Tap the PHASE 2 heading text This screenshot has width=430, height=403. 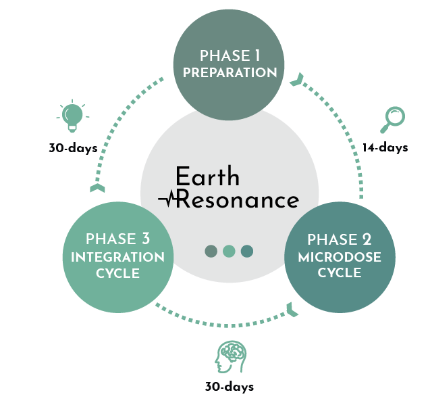[340, 240]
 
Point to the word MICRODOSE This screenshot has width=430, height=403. [340, 257]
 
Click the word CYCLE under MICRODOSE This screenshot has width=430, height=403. [340, 273]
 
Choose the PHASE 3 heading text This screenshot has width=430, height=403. [118, 239]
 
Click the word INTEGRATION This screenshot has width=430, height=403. [118, 257]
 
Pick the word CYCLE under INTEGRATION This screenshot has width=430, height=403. [118, 273]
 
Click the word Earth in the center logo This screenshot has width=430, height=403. [207, 177]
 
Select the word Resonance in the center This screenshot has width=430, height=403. [236, 200]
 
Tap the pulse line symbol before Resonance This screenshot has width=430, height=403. [167, 199]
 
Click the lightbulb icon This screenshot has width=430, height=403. [73, 117]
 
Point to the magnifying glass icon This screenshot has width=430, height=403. [391, 119]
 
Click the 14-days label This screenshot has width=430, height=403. [385, 147]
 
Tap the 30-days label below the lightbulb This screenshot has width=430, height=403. [73, 147]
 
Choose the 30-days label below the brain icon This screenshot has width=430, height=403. [229, 387]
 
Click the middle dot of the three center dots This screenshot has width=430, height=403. [230, 251]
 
